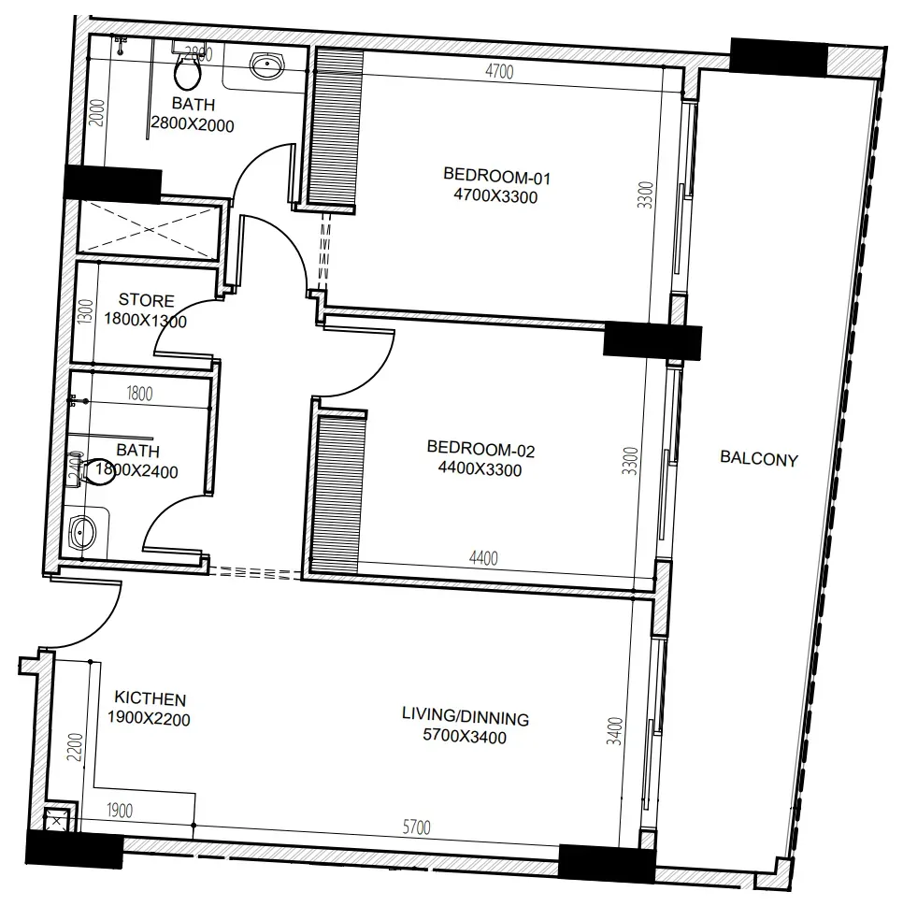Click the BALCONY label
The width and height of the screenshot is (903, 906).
point(759,459)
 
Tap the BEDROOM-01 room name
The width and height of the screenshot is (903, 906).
point(497,176)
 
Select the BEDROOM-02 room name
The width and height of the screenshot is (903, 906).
point(480,449)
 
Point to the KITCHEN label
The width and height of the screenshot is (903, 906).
point(150,698)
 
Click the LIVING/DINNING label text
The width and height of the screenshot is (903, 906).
point(466,716)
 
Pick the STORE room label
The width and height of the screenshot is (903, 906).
point(146,300)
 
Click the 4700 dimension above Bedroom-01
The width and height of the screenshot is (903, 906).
point(499,71)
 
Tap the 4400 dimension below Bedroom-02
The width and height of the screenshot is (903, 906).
point(483,557)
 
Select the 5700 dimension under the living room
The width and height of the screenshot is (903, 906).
point(416,827)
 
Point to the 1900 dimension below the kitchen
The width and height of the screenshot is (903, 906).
point(120,810)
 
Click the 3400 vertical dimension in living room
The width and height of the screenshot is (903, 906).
point(615,731)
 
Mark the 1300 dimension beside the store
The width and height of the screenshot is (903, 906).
point(85,312)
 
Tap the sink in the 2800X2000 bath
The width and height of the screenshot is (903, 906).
point(267,65)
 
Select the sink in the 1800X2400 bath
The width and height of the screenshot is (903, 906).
point(82,532)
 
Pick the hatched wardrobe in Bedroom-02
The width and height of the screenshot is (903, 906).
point(339,494)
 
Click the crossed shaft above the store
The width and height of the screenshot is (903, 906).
point(149,229)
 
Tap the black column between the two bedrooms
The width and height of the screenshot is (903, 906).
point(652,341)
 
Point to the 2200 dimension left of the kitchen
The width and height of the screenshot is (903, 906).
point(76,746)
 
